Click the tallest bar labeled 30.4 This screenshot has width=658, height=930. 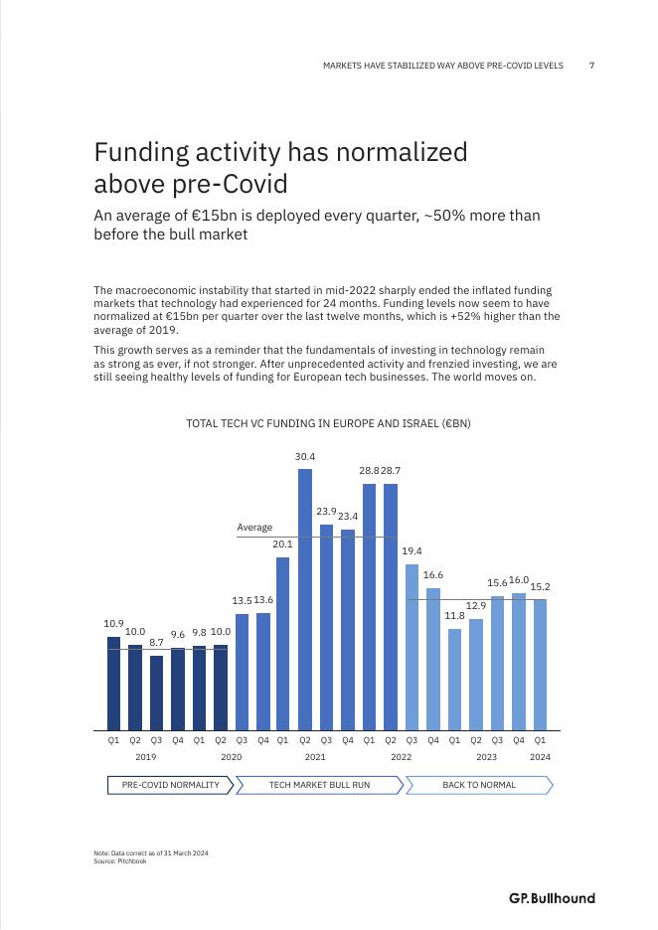click(x=305, y=599)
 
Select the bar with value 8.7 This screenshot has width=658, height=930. click(x=156, y=693)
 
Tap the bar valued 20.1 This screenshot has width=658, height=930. click(x=283, y=643)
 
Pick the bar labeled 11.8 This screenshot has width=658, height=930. click(x=454, y=679)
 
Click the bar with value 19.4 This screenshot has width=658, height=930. click(x=411, y=647)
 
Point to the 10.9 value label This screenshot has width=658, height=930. click(x=113, y=624)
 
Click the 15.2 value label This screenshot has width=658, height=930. click(x=540, y=586)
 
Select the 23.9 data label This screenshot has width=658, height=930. click(x=326, y=511)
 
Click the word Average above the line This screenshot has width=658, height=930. click(x=254, y=528)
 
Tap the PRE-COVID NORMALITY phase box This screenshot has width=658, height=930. click(x=170, y=785)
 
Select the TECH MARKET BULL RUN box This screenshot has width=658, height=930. click(x=319, y=785)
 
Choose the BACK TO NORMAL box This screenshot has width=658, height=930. click(x=478, y=785)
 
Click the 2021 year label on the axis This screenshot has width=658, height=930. click(x=315, y=757)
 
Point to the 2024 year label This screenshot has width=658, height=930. click(x=540, y=757)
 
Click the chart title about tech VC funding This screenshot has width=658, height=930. click(x=328, y=423)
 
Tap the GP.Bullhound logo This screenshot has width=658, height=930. click(x=552, y=898)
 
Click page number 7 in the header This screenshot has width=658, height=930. click(x=591, y=66)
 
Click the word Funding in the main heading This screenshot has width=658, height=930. click(x=137, y=153)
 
